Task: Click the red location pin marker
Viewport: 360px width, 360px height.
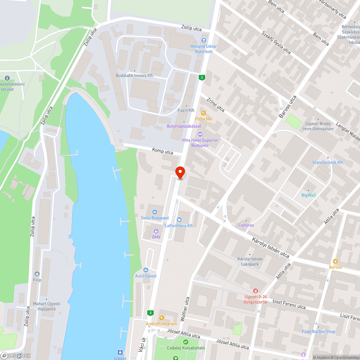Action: pyautogui.click(x=180, y=172)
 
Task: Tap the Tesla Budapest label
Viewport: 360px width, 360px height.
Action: pyautogui.click(x=155, y=218)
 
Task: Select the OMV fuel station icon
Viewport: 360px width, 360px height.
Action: pyautogui.click(x=156, y=231)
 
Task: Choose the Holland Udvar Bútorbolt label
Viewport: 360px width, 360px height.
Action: pyautogui.click(x=204, y=49)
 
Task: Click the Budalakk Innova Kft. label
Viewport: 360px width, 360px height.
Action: pyautogui.click(x=135, y=76)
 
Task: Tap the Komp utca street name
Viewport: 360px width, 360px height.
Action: pyautogui.click(x=163, y=151)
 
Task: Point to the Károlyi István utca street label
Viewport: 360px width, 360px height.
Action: pyautogui.click(x=271, y=247)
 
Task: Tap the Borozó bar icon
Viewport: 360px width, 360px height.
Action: pyautogui.click(x=335, y=261)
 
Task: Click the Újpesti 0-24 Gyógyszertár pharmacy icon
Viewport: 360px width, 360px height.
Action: pyautogui.click(x=255, y=291)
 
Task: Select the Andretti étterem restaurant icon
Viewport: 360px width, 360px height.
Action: pyautogui.click(x=161, y=318)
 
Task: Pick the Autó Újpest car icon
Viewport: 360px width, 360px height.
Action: pyautogui.click(x=146, y=270)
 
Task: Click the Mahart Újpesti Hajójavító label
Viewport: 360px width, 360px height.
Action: pyautogui.click(x=47, y=306)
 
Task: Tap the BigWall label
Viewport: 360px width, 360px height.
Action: pyautogui.click(x=308, y=195)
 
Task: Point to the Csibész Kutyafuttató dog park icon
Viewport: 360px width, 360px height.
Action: pyautogui.click(x=186, y=342)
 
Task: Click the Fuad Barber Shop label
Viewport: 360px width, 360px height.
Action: pyautogui.click(x=319, y=332)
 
